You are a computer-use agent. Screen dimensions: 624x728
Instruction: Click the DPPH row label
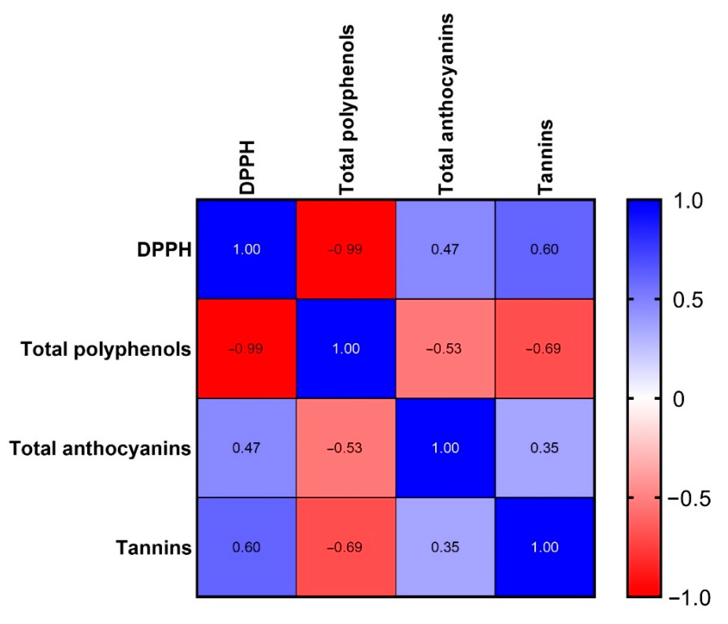[x=164, y=250]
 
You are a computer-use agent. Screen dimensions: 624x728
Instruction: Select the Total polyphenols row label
[x=106, y=349]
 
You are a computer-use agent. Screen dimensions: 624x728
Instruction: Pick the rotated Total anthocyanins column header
[x=446, y=104]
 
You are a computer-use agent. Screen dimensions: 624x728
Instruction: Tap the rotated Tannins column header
[x=545, y=157]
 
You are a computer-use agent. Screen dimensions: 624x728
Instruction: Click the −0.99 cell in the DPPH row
[x=346, y=249]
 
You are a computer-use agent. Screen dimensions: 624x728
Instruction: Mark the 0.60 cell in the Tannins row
[x=246, y=547]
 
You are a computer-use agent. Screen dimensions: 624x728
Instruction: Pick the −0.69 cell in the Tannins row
[x=346, y=547]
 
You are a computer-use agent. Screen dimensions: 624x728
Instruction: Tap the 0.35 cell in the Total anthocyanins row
[x=545, y=448]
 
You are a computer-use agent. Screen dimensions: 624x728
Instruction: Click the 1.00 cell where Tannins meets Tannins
[x=545, y=547]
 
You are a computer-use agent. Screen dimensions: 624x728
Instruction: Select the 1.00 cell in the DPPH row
[x=246, y=249]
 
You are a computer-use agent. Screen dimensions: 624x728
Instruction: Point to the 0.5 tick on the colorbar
[x=688, y=300]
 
